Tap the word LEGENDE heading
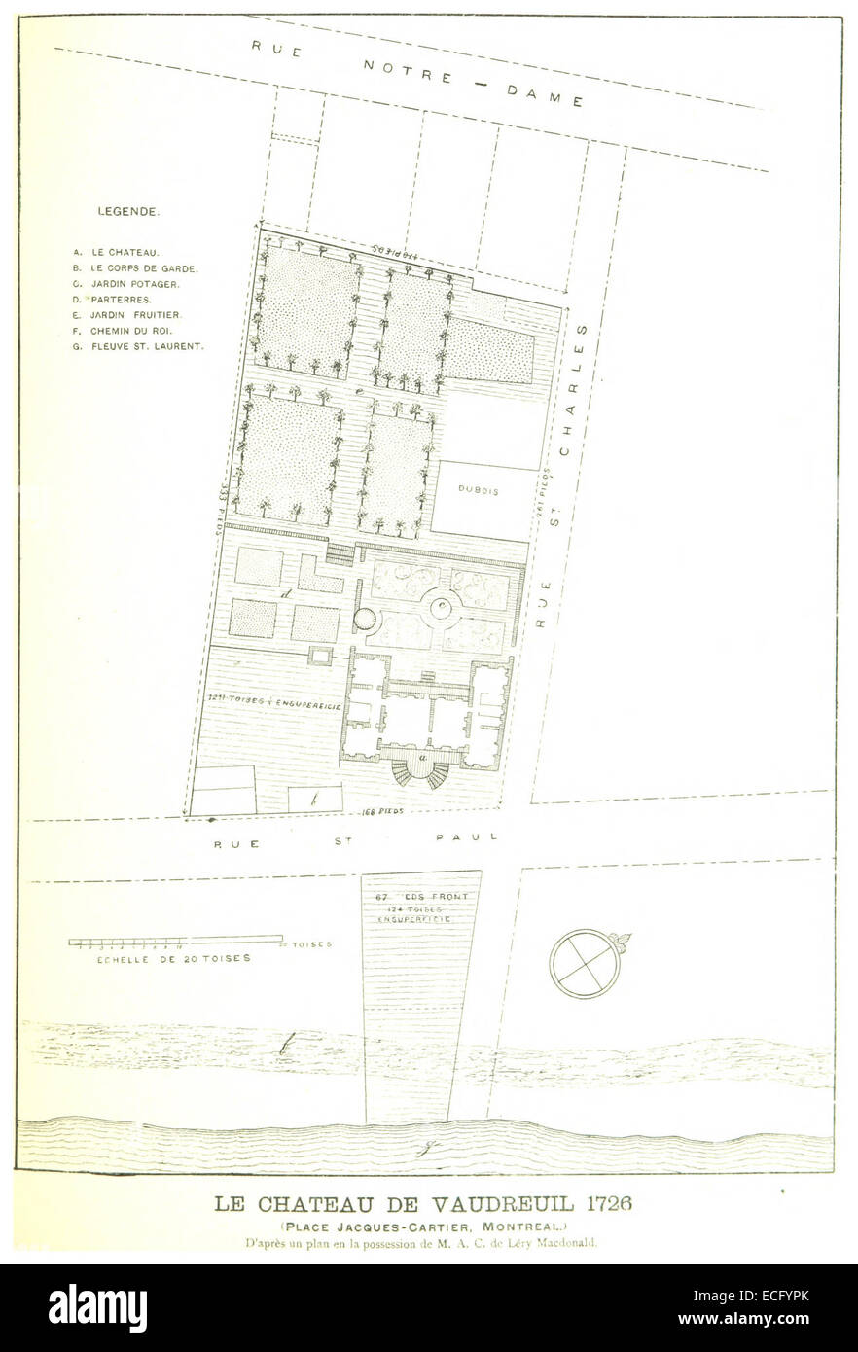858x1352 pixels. pos(129,210)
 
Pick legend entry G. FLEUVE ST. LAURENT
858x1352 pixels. pos(138,346)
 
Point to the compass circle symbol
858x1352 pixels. pos(584,963)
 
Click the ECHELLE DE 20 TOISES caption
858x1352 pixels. pos(160,958)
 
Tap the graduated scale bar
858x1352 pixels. pos(175,941)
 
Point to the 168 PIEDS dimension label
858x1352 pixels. pos(381,809)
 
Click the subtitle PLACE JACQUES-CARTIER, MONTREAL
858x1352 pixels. pos(420,1225)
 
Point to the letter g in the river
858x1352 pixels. pos(423,1149)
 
